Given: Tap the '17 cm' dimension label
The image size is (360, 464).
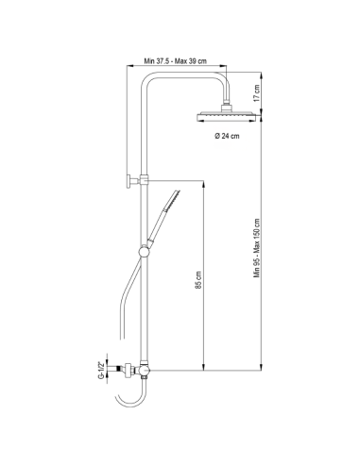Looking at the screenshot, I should (x=255, y=92).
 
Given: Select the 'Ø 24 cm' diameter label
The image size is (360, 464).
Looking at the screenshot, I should (x=225, y=136).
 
